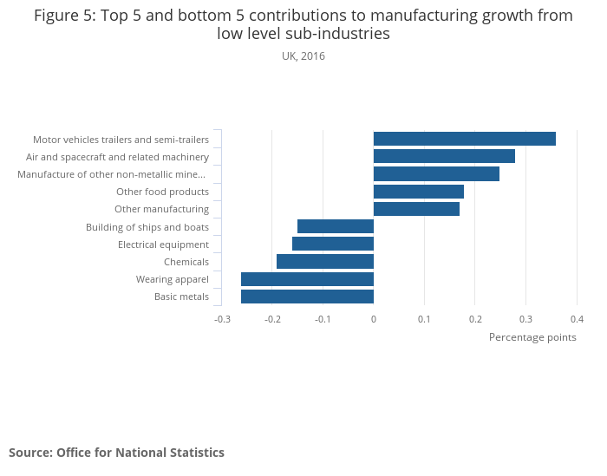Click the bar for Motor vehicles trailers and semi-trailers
click(464, 139)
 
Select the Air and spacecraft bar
click(444, 156)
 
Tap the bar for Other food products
click(418, 192)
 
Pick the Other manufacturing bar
click(416, 209)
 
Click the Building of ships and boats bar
click(336, 226)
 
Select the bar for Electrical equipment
click(333, 244)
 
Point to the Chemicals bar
click(325, 261)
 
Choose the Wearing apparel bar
click(307, 279)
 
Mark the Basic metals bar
click(307, 297)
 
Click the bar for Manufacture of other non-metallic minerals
click(436, 174)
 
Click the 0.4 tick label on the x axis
click(577, 318)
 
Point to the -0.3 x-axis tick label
click(222, 318)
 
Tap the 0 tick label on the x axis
click(374, 318)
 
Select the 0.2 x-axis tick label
click(475, 318)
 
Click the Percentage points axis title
click(532, 336)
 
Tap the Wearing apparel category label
click(173, 279)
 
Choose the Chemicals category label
click(186, 262)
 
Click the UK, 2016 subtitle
click(303, 56)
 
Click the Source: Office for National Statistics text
click(116, 453)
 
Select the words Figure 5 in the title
click(64, 16)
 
